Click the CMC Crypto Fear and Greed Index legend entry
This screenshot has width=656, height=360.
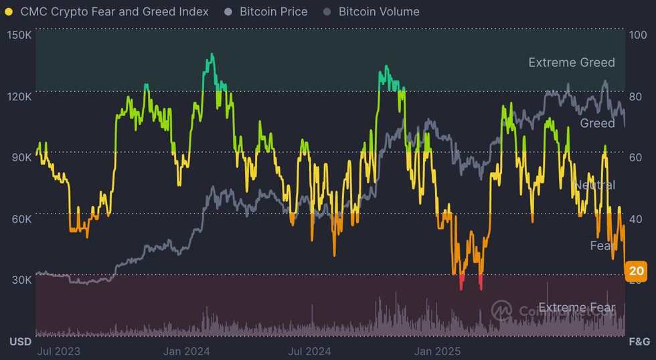point(114,12)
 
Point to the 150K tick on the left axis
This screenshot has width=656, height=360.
point(19,35)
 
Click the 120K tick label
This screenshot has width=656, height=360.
point(19,96)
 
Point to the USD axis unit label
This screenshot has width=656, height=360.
point(20,342)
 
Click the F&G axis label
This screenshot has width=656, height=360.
point(639,342)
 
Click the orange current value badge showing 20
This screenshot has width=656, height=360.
point(637,271)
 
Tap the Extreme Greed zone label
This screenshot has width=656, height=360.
point(571,62)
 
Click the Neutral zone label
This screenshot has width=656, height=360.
point(594,185)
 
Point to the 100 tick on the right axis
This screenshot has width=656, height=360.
point(637,35)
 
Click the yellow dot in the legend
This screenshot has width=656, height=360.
point(9,12)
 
